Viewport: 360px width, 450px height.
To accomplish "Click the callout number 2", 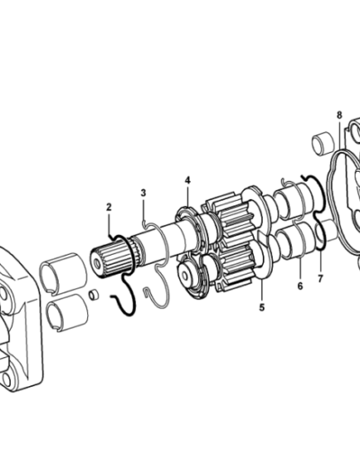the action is (x=109, y=207).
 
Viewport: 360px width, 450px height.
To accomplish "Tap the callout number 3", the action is (x=143, y=193).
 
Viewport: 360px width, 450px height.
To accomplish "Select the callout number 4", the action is (x=187, y=180).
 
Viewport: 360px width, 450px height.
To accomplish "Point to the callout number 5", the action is (x=262, y=307).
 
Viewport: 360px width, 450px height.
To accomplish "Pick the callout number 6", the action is (x=300, y=286).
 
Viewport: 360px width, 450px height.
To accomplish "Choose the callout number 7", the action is (x=320, y=279).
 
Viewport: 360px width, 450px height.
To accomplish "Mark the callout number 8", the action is (x=339, y=115).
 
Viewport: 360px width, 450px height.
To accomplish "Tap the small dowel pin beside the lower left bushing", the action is (x=94, y=294).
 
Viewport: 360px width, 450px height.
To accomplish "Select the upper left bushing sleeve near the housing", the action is (x=64, y=273).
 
